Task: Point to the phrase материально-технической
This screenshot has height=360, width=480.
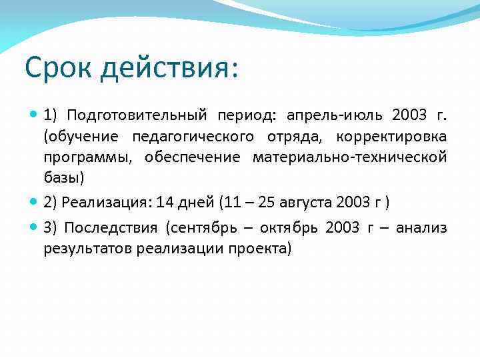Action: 349,157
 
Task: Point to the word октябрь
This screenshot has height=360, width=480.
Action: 291,228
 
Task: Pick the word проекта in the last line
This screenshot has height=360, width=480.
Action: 265,249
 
